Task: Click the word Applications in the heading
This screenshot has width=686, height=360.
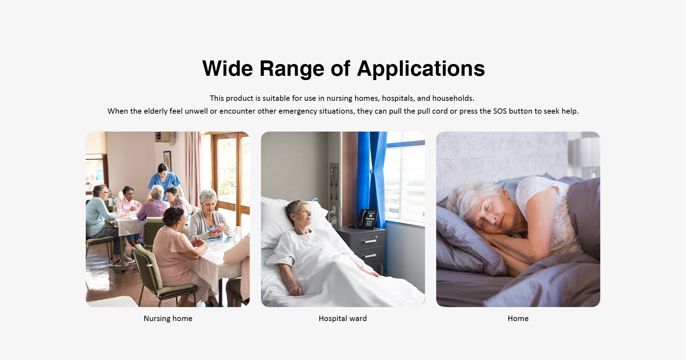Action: pyautogui.click(x=421, y=69)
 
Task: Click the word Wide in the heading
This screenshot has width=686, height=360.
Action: pyautogui.click(x=228, y=69)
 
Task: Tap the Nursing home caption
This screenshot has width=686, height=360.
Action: pyautogui.click(x=168, y=319)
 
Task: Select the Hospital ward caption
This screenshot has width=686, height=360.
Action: pyautogui.click(x=343, y=319)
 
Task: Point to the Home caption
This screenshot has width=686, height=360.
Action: pyautogui.click(x=518, y=319)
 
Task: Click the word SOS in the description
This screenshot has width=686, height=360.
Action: pyautogui.click(x=500, y=111)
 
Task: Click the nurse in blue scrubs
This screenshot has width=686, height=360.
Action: pyautogui.click(x=164, y=182)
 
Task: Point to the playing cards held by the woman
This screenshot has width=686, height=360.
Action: pyautogui.click(x=220, y=228)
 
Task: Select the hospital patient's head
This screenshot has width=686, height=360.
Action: pyautogui.click(x=298, y=213)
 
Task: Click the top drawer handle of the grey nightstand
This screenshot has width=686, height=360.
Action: pyautogui.click(x=370, y=241)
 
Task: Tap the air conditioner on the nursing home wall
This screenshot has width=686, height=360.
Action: pyautogui.click(x=164, y=137)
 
